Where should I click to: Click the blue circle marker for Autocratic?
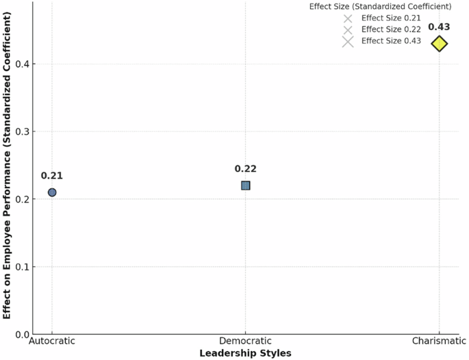pyautogui.click(x=52, y=192)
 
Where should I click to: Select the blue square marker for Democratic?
pyautogui.click(x=246, y=185)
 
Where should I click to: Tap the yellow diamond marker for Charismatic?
pyautogui.click(x=440, y=44)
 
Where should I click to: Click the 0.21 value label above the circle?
pyautogui.click(x=52, y=176)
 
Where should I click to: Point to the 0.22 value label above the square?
pyautogui.click(x=246, y=169)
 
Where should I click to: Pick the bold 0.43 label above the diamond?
pyautogui.click(x=439, y=27)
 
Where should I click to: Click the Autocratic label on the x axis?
pyautogui.click(x=52, y=341)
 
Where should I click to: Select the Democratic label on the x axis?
pyautogui.click(x=246, y=341)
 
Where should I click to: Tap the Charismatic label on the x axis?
pyautogui.click(x=439, y=341)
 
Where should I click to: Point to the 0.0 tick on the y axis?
pyautogui.click(x=22, y=335)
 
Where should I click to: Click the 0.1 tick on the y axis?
pyautogui.click(x=22, y=267)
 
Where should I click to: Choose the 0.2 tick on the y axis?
pyautogui.click(x=22, y=199)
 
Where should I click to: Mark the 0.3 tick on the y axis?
pyautogui.click(x=22, y=131)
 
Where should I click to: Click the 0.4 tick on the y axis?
pyautogui.click(x=22, y=64)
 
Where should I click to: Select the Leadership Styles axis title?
pyautogui.click(x=246, y=353)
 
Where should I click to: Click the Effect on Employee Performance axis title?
pyautogui.click(x=7, y=165)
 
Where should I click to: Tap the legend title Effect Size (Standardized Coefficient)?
pyautogui.click(x=380, y=7)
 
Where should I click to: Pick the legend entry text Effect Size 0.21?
pyautogui.click(x=391, y=18)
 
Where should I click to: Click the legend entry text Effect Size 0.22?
pyautogui.click(x=391, y=29)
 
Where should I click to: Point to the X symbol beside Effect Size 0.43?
pyautogui.click(x=348, y=42)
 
